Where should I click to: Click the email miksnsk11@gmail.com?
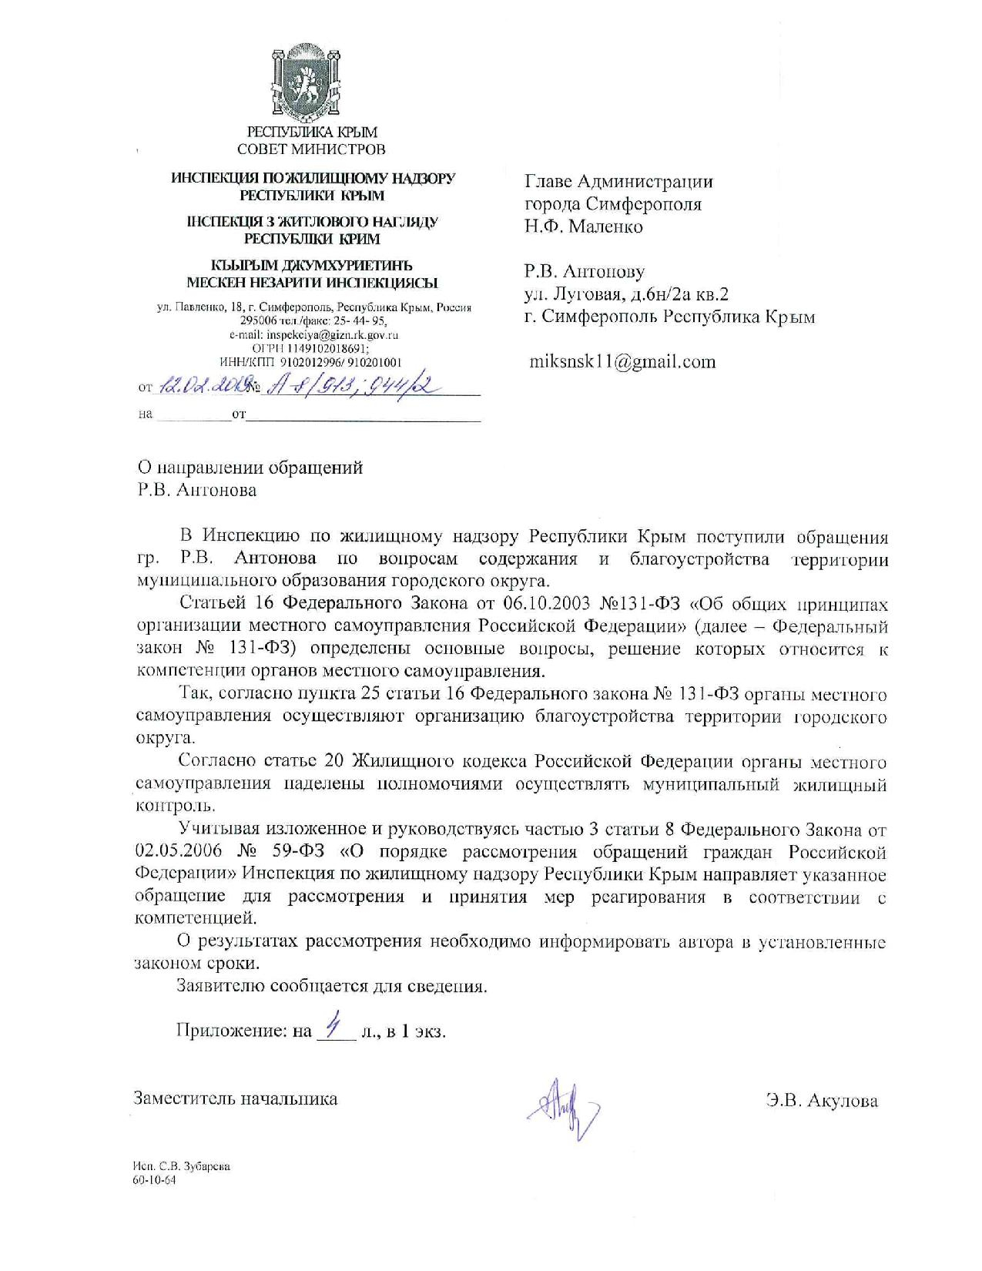point(622,361)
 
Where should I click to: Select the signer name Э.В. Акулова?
point(822,1101)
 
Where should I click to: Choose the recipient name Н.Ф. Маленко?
point(583,226)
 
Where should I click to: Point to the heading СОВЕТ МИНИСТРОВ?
point(311,149)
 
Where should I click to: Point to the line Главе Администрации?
point(618,182)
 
